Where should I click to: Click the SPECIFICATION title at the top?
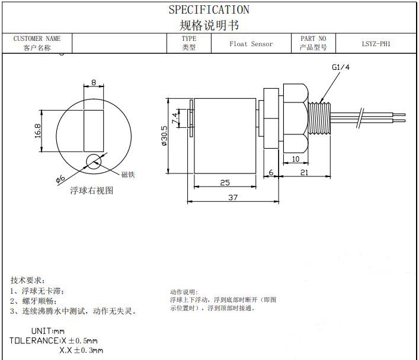click(x=209, y=9)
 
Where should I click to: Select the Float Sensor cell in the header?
click(x=251, y=44)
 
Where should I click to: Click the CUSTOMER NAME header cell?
click(x=37, y=39)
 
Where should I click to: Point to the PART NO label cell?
click(x=313, y=39)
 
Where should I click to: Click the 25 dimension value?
click(x=225, y=183)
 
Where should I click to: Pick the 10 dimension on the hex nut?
click(x=296, y=159)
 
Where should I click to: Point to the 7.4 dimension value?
click(x=175, y=117)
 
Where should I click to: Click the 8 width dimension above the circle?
click(x=94, y=83)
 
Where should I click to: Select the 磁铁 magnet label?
click(x=128, y=175)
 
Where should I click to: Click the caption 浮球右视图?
click(x=91, y=191)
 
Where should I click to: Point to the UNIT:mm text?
click(x=48, y=331)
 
